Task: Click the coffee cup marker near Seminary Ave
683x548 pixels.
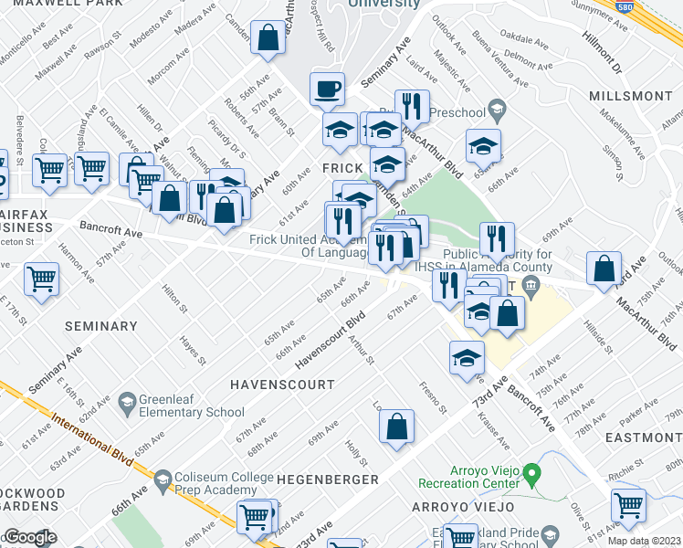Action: coord(327,90)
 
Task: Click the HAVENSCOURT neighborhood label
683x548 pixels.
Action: coord(282,385)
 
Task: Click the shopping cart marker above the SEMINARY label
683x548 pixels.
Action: coord(42,280)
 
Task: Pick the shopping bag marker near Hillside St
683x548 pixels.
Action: coord(604,270)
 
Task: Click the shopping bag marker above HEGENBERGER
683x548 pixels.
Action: coord(397,427)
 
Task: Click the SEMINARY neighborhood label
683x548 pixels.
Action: coord(101,326)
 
